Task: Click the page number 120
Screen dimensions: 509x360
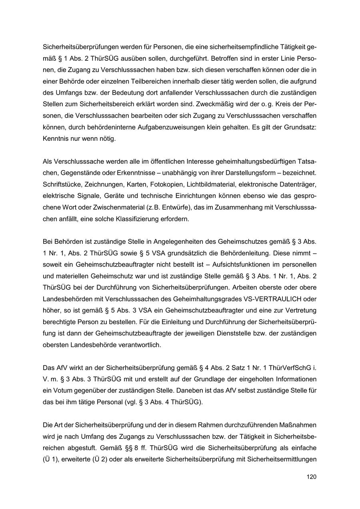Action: [x=312, y=477]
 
